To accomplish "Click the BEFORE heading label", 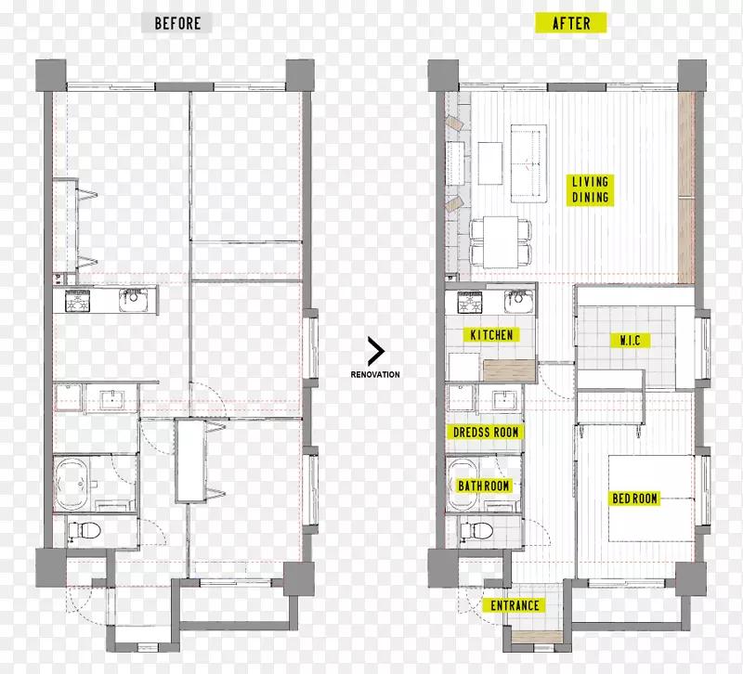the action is coord(176,22).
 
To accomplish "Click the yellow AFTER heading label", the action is coord(571,22).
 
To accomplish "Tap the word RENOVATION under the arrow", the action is coord(375,374).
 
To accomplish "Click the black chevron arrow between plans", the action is coord(376,351).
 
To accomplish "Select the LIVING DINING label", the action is coord(590,189).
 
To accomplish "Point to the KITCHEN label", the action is coord(491,335).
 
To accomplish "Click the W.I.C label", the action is coord(630,340).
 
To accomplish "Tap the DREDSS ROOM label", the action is coord(486,432).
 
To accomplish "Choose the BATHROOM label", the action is coord(483,486).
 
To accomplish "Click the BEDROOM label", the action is coord(634,499).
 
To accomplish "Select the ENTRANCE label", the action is coord(515,605).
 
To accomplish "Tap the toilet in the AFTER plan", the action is coord(476,530).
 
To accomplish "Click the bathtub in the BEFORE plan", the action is coord(72,484).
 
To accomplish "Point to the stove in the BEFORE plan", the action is coord(78,301).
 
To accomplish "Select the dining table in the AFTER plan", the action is coord(501,241).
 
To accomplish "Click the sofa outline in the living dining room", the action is coord(528,163).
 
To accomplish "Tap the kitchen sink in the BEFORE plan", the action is coord(134,301).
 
